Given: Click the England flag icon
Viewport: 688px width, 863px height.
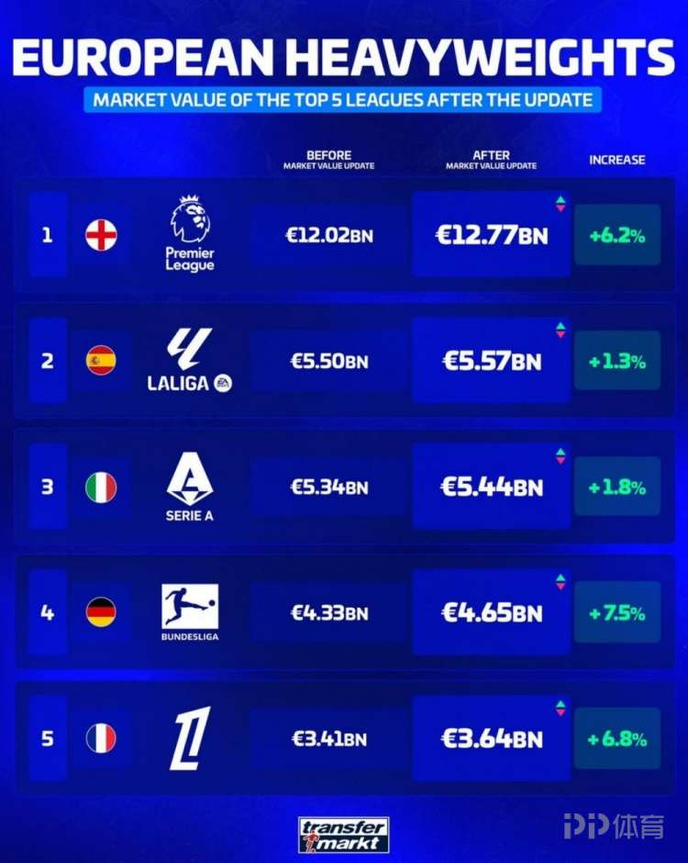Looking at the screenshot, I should click(x=101, y=235).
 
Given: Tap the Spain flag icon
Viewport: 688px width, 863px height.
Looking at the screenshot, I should click(x=101, y=361).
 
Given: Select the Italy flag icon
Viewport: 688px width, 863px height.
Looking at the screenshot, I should click(x=101, y=487).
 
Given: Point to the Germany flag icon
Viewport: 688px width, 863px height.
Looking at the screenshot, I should click(x=101, y=612).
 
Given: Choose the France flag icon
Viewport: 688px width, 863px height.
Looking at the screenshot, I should click(x=101, y=738).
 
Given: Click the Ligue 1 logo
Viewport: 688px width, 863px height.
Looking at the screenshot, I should click(x=190, y=738).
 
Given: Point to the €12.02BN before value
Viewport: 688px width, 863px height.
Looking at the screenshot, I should click(x=329, y=235).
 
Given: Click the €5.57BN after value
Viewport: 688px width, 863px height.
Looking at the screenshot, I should click(x=492, y=361).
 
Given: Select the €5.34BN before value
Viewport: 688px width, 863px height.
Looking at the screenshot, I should click(x=329, y=487).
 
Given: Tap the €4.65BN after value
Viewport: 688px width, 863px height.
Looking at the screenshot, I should click(x=492, y=612).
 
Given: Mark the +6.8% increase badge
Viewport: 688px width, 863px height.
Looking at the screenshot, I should click(x=617, y=738).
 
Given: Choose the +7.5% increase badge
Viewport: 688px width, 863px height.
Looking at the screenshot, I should click(x=617, y=612).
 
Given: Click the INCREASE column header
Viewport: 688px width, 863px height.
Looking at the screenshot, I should click(x=616, y=160).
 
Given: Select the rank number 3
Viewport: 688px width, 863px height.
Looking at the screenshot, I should click(x=48, y=487).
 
